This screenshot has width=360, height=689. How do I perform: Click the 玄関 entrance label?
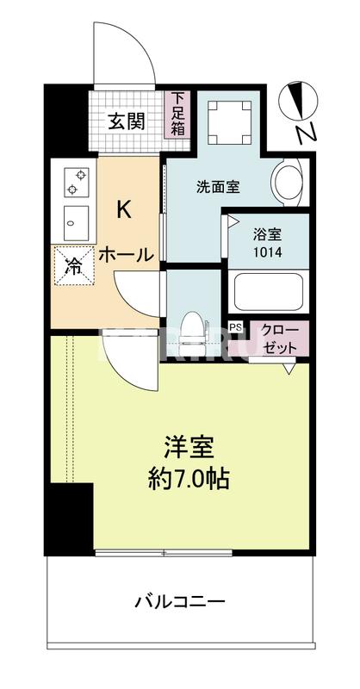[x=126, y=121]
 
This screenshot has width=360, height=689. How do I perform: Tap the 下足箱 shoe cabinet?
[x=177, y=115]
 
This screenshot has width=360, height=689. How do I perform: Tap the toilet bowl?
[x=195, y=327]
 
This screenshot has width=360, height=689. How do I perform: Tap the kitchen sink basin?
[x=74, y=220]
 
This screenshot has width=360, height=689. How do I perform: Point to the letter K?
[x=125, y=209]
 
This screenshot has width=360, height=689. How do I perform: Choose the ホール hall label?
[x=126, y=254]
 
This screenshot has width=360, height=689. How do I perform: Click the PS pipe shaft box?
[x=235, y=327]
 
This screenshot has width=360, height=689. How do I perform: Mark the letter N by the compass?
[x=303, y=133]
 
